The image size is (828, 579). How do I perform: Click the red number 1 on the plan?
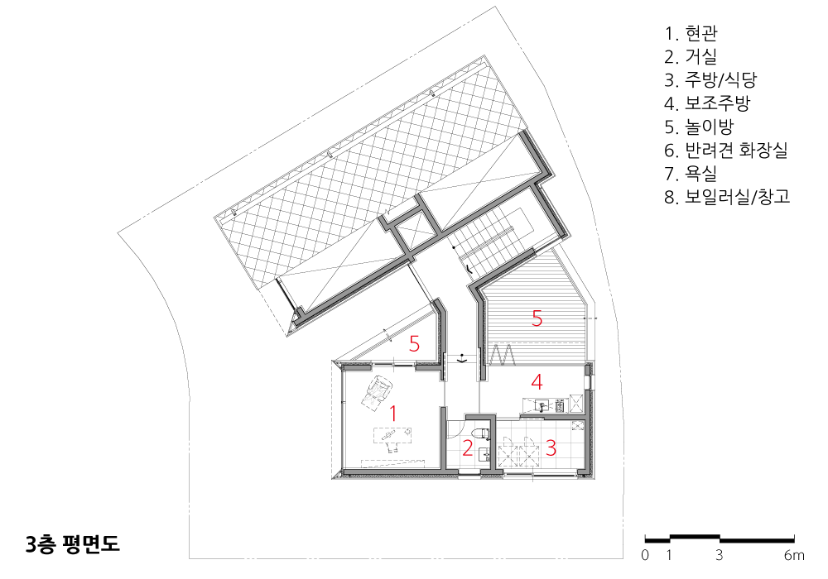(x=392, y=414)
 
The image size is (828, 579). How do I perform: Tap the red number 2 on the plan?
(x=467, y=447)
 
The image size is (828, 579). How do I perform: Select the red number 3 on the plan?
(x=551, y=447)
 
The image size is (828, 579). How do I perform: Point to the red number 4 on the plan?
(x=537, y=382)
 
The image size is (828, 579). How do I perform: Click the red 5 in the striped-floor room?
(x=537, y=318)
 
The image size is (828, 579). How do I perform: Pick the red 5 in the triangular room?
(x=415, y=344)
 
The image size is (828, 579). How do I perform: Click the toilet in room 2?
(x=482, y=434)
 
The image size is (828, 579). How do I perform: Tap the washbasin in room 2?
(x=484, y=454)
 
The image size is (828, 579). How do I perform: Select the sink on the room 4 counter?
(x=542, y=405)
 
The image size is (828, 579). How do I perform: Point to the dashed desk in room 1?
(x=393, y=435)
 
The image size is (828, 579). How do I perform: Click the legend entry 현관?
(x=691, y=33)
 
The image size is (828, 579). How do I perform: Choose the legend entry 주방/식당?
(x=710, y=79)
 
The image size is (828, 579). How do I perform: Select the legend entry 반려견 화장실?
(x=726, y=150)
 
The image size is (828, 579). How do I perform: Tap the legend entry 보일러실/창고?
(x=727, y=197)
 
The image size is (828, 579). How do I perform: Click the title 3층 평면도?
(x=73, y=544)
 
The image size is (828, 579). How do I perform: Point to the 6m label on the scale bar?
(x=794, y=555)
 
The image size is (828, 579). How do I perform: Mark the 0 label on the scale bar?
(x=645, y=555)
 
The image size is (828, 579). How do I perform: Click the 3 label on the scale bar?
(x=720, y=555)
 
